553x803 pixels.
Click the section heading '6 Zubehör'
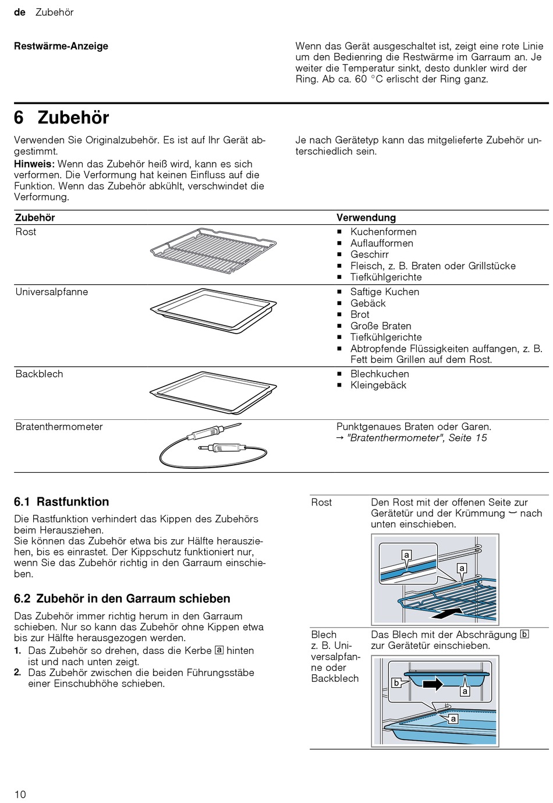click(62, 118)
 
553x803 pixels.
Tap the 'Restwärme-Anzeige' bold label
click(61, 46)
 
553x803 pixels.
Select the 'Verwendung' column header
click(366, 217)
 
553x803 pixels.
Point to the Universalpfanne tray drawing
click(212, 310)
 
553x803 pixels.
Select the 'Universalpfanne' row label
click(51, 292)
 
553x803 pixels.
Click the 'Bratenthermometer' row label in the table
click(59, 426)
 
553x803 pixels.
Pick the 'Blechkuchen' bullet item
click(380, 374)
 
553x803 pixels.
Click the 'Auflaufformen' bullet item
click(381, 243)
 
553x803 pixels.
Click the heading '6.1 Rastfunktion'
click(62, 502)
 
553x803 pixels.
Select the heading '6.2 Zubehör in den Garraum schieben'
click(122, 599)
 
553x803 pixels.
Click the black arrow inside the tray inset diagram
click(433, 684)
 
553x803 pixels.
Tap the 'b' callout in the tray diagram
click(396, 683)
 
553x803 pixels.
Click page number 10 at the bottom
click(20, 794)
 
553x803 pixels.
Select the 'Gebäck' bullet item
click(368, 303)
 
